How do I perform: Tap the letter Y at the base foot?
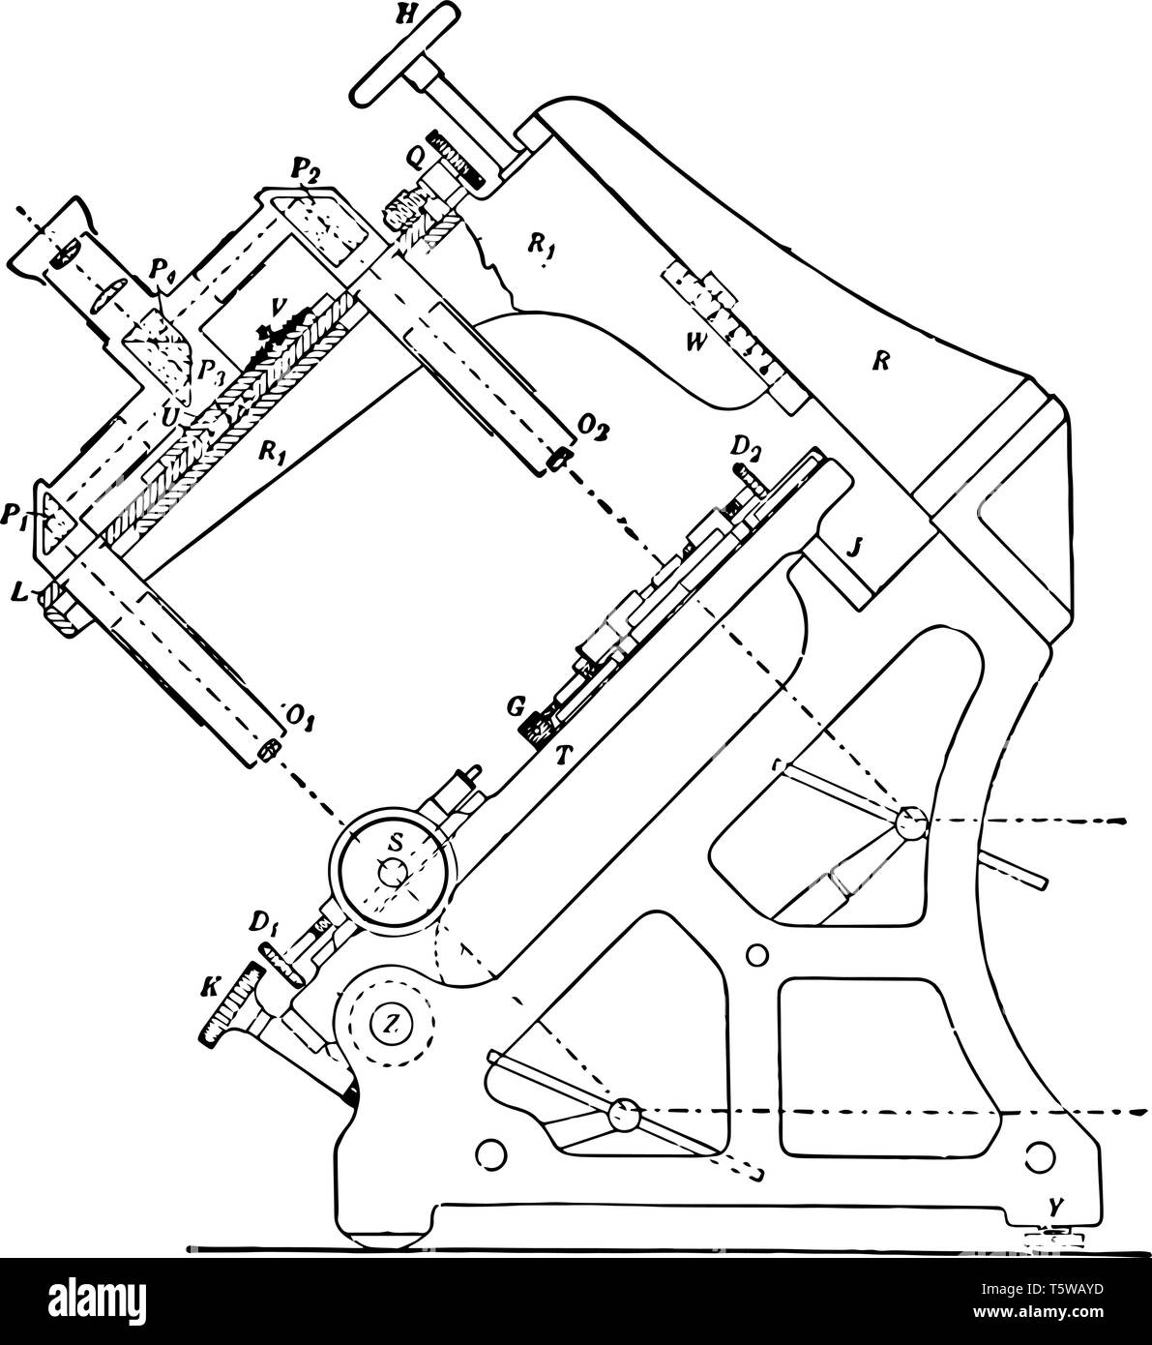(1057, 1206)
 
